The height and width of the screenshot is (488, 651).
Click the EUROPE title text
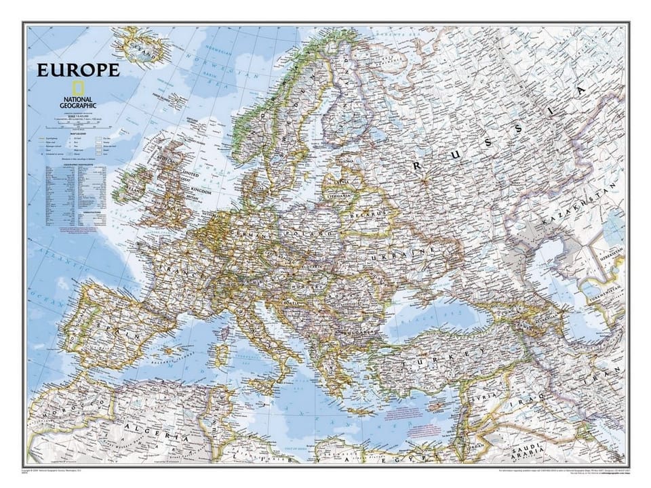point(78,70)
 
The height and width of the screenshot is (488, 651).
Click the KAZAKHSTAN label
point(576,207)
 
